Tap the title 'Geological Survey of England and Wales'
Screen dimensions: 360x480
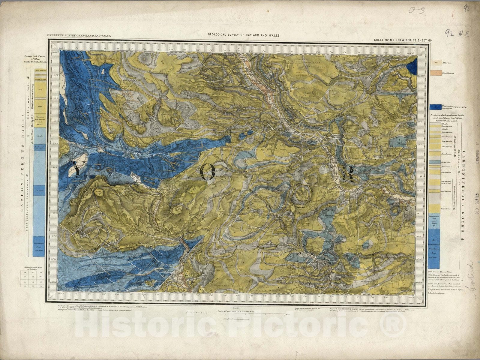coord(244,35)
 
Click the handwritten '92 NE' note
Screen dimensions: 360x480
coord(455,32)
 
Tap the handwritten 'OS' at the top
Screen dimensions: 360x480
coord(417,11)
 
